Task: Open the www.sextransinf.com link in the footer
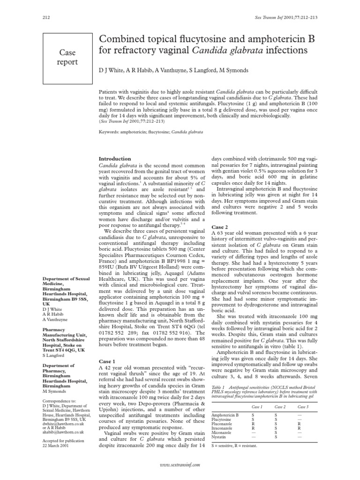pyautogui.click(x=180, y=465)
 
